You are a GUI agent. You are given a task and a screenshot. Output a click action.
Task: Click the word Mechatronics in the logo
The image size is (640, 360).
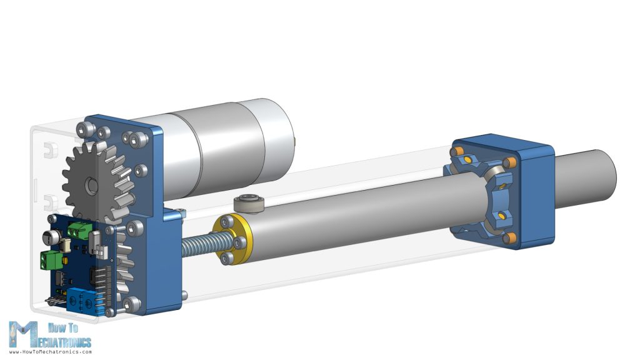62,341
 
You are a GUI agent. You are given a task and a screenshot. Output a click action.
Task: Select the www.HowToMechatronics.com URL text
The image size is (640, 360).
50,352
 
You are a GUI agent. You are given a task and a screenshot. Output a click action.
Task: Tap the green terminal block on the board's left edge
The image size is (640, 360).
50,259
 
